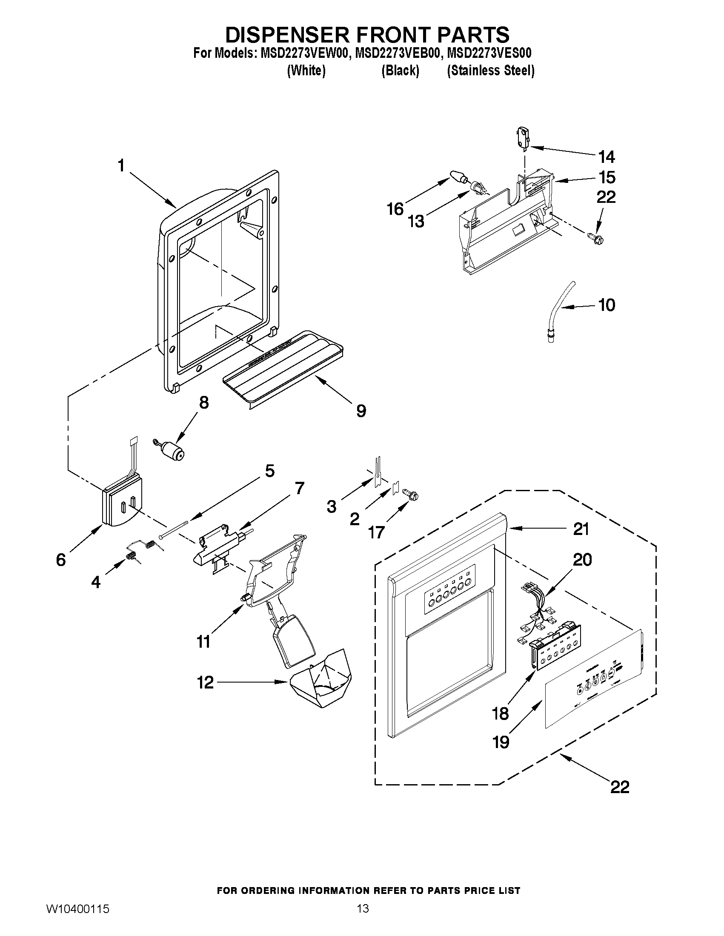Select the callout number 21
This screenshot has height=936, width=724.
pyautogui.click(x=581, y=529)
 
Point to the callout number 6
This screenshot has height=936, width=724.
pyautogui.click(x=61, y=559)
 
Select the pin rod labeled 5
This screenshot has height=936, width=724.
pyautogui.click(x=174, y=529)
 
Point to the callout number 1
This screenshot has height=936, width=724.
pyautogui.click(x=121, y=165)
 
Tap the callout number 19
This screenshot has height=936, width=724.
pyautogui.click(x=501, y=741)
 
